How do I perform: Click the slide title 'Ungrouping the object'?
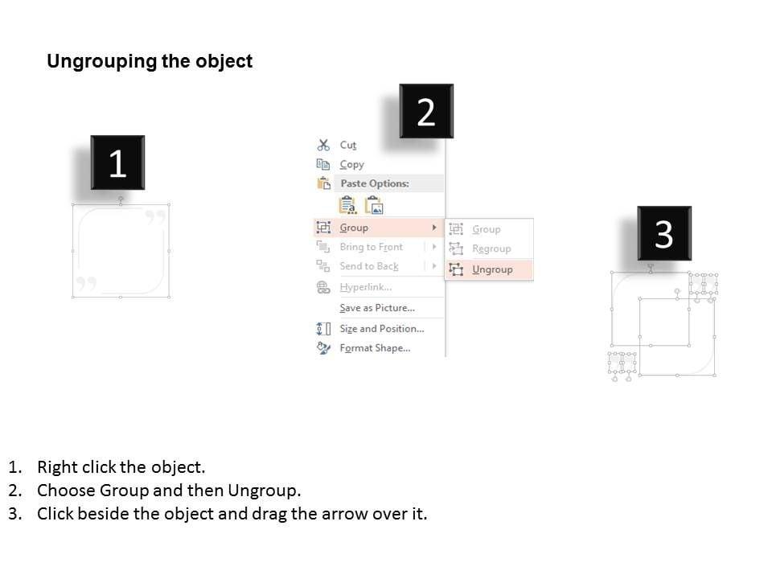click(150, 61)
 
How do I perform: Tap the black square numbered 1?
click(117, 162)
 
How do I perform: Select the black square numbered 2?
click(426, 111)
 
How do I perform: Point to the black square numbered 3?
click(664, 233)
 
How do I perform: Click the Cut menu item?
click(347, 146)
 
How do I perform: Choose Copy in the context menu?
click(351, 164)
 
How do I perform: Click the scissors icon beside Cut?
click(323, 145)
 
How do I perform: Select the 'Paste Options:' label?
click(375, 183)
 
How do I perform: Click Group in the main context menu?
click(354, 228)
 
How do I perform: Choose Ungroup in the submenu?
click(492, 269)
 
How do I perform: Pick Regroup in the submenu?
click(491, 248)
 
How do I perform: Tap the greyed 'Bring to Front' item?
click(372, 247)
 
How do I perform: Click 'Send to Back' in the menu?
click(369, 266)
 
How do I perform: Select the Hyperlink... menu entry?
click(366, 287)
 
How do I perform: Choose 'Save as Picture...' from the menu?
click(377, 308)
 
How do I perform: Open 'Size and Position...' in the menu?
click(381, 328)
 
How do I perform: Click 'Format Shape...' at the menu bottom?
click(375, 348)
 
